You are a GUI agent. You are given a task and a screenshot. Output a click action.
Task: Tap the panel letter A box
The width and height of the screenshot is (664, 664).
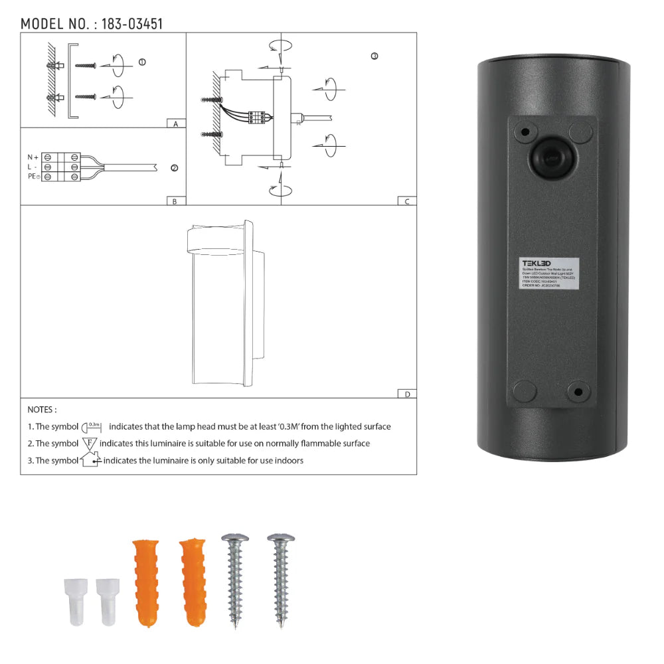point(175,124)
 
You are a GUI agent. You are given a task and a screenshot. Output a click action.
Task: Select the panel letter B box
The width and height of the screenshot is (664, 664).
point(175,201)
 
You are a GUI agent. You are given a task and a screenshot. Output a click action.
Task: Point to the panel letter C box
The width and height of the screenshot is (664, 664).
point(406,201)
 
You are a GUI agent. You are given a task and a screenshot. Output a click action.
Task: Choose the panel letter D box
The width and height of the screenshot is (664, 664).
point(406,394)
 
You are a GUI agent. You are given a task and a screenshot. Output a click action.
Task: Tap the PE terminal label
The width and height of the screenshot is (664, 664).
point(34,177)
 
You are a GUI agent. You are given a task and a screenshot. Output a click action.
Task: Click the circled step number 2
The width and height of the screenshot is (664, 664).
point(174,168)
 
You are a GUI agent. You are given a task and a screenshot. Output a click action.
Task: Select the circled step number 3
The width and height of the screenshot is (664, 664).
point(374,56)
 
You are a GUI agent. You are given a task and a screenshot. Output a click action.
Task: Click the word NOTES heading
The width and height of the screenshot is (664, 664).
point(42,410)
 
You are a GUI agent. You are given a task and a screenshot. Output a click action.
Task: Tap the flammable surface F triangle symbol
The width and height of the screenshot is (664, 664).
point(90,442)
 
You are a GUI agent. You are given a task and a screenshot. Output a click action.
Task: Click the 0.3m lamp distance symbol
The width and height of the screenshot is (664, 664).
point(92,426)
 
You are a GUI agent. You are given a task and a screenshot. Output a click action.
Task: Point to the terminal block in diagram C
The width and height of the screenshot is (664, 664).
point(258,117)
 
